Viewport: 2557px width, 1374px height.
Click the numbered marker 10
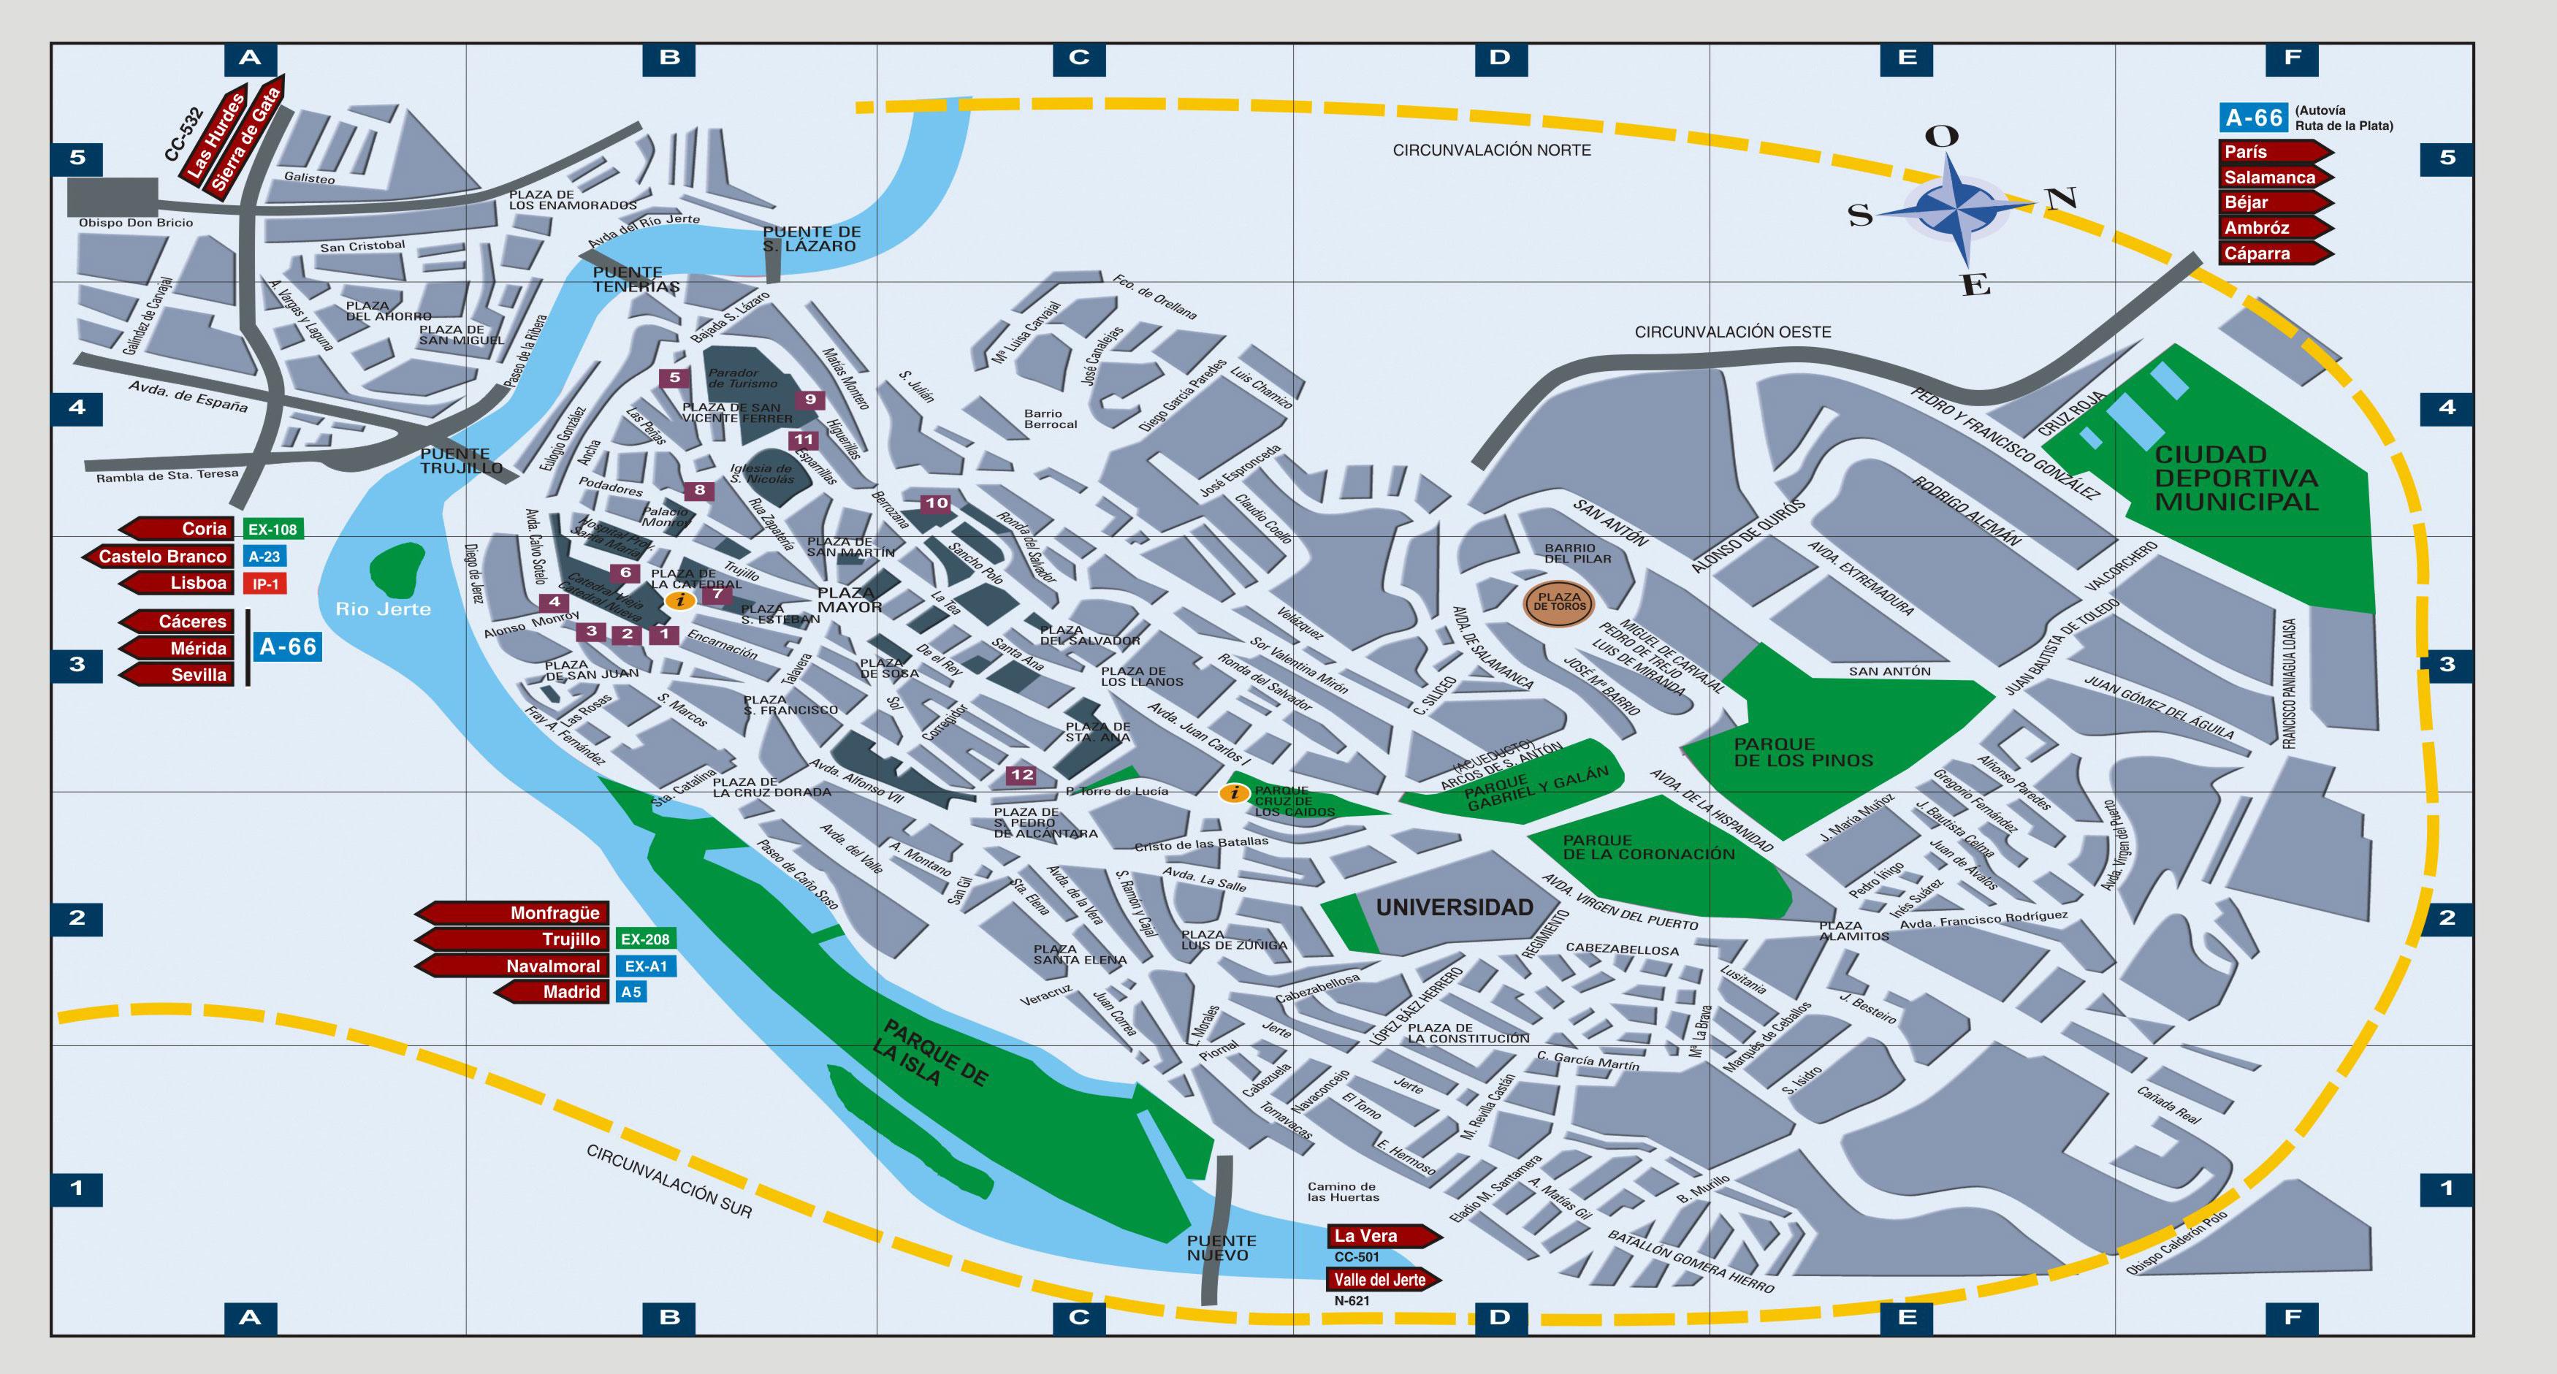[936, 503]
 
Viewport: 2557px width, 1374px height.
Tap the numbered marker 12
[1021, 775]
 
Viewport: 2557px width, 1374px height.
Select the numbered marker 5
[675, 377]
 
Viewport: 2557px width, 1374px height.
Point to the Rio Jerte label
[383, 609]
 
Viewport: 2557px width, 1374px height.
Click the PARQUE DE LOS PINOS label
[1802, 752]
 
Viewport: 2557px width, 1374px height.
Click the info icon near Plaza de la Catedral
[679, 600]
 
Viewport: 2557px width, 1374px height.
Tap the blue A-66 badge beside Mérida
[288, 647]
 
